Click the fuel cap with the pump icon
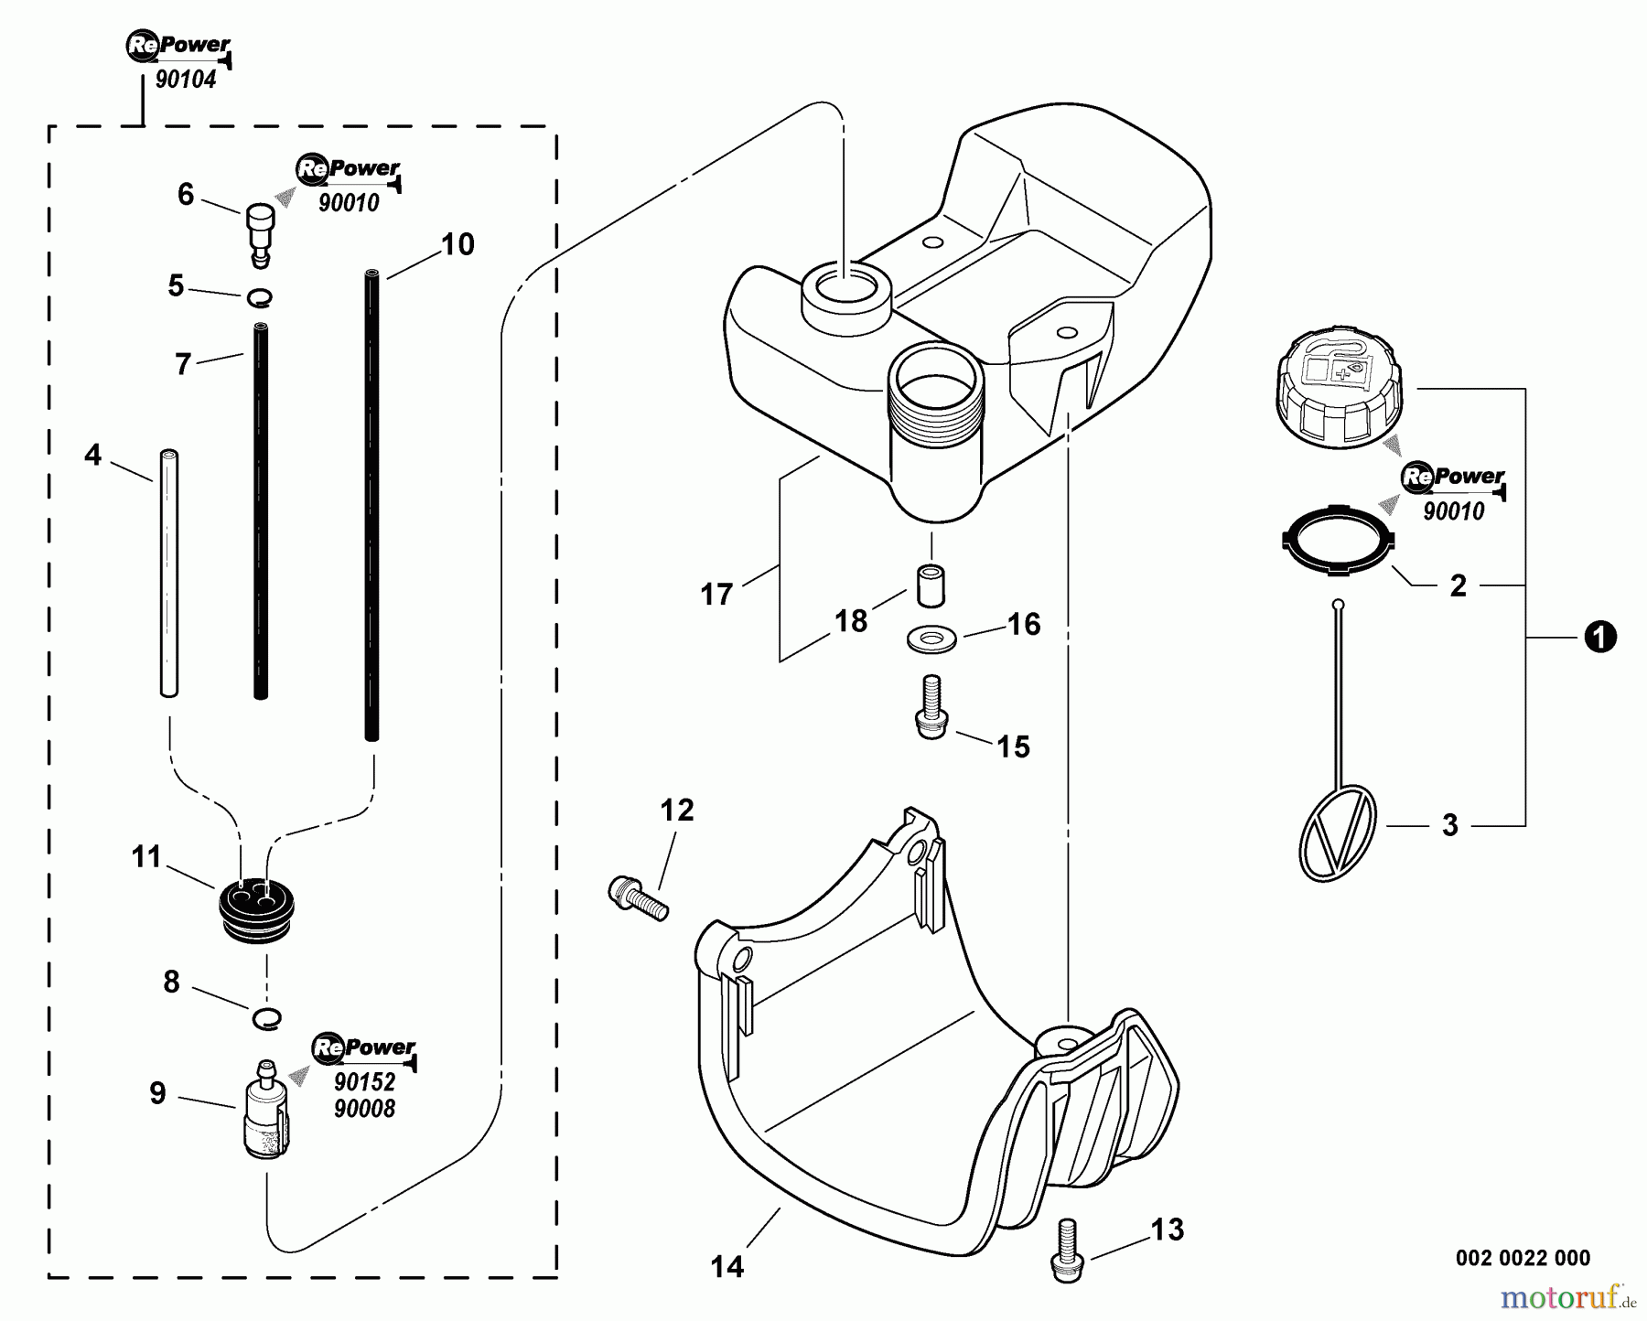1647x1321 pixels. tap(1337, 393)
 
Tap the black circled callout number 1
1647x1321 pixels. tap(1599, 637)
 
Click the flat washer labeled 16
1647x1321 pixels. tap(931, 639)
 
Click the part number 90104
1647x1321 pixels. tap(186, 80)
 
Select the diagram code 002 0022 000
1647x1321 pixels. tap(1523, 1258)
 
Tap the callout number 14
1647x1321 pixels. tap(727, 1266)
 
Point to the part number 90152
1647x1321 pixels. tap(364, 1082)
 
